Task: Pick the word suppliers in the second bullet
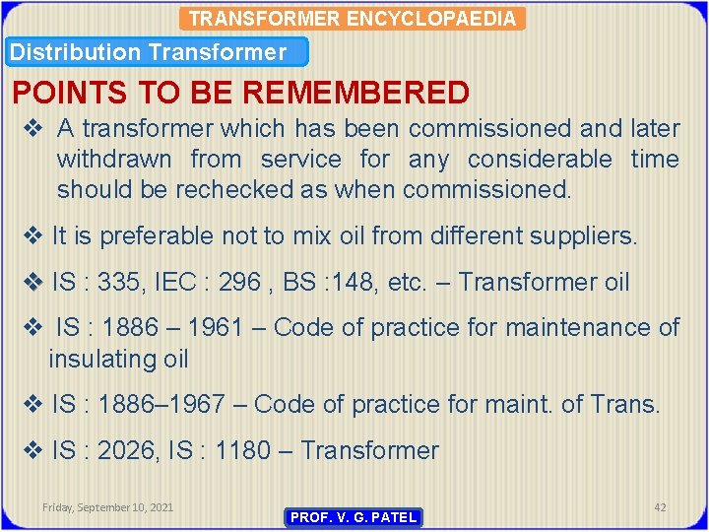coord(587,236)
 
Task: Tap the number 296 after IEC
coord(240,283)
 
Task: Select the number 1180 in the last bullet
coord(242,450)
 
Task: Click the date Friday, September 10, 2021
coord(108,507)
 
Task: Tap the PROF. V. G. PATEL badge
coord(354,517)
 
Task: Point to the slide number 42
coord(660,507)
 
